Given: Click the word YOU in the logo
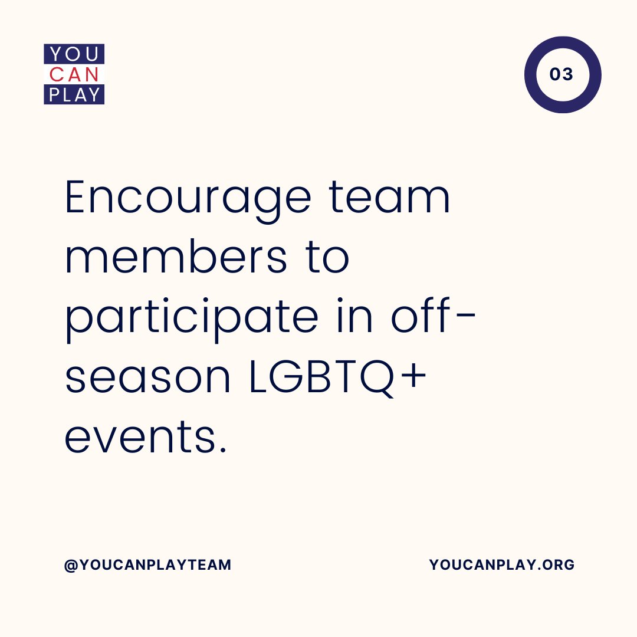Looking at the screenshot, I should pyautogui.click(x=74, y=55).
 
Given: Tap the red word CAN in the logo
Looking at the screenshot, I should pyautogui.click(x=74, y=75).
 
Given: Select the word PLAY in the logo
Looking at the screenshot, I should pyautogui.click(x=74, y=95).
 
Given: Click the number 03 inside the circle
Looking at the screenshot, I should pyautogui.click(x=562, y=75).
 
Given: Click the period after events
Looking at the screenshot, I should pyautogui.click(x=222, y=451).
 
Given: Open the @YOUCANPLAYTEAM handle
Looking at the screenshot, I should pyautogui.click(x=147, y=565).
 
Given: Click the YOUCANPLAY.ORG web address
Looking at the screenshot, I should pyautogui.click(x=501, y=565).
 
